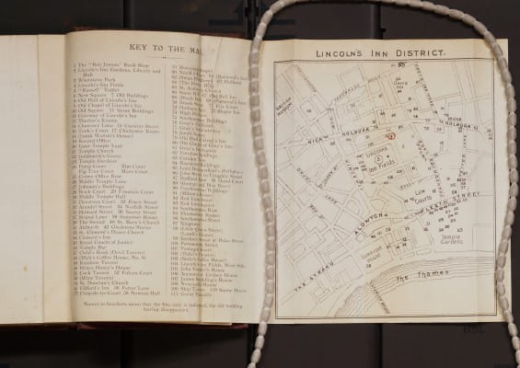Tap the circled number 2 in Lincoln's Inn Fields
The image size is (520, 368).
coord(364,159)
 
